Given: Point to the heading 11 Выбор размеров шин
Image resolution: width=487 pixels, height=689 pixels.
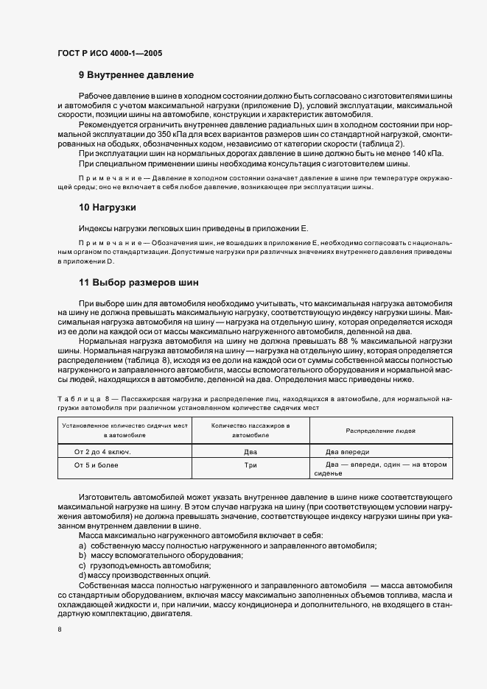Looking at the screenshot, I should pyautogui.click(x=139, y=283).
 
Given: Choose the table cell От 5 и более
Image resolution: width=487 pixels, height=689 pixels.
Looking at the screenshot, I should pyautogui.click(x=97, y=465).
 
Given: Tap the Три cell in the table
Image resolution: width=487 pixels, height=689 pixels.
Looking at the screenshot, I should pyautogui.click(x=250, y=465).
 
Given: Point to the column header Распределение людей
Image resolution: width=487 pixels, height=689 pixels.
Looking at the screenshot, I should pyautogui.click(x=380, y=431).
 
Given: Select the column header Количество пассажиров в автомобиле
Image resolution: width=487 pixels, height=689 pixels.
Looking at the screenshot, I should pyautogui.click(x=250, y=431).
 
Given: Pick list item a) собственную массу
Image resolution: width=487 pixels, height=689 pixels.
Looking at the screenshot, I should pyautogui.click(x=228, y=545).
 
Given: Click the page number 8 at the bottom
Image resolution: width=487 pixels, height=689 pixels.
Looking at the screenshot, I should pyautogui.click(x=59, y=629).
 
